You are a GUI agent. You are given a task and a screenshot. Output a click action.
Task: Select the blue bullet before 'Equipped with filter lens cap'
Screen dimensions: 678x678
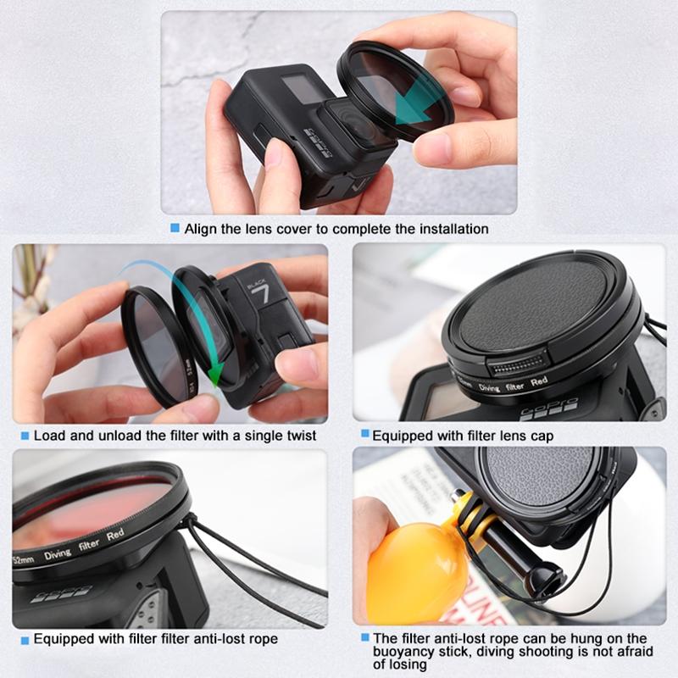click(x=364, y=435)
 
